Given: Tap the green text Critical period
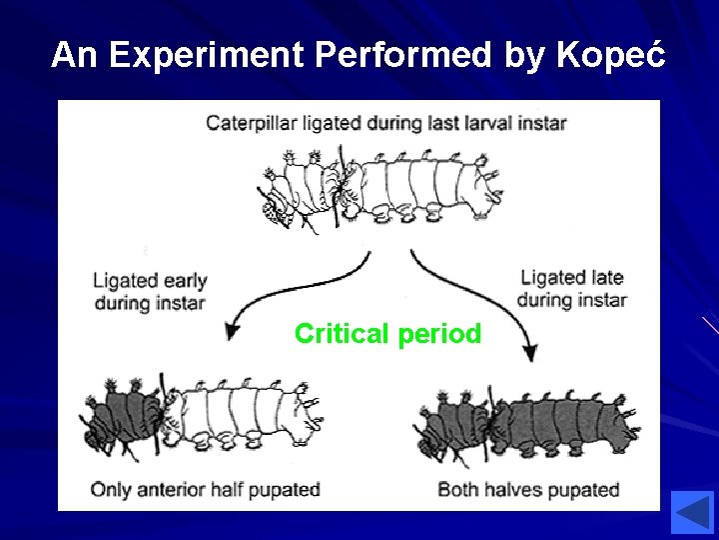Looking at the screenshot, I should (387, 334).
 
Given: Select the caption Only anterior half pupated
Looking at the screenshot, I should (205, 489).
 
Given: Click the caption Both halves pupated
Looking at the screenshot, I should (528, 489).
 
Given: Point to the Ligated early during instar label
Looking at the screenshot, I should (150, 291).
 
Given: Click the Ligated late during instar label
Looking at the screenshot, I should (572, 288).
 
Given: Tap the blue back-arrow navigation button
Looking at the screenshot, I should (691, 512).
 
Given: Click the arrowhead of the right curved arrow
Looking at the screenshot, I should (529, 352).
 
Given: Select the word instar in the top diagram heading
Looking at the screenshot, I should (540, 123).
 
